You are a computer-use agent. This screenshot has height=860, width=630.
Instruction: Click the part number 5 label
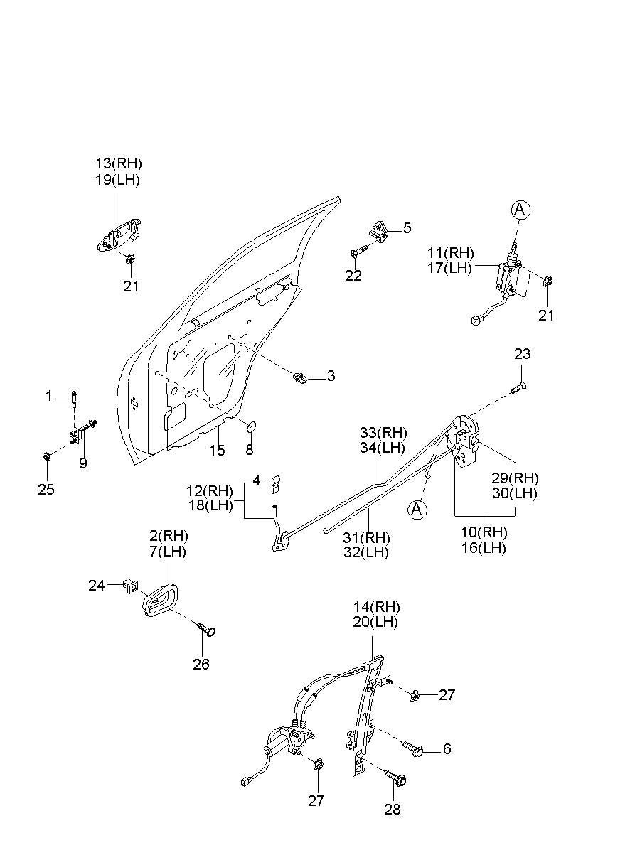coord(407,228)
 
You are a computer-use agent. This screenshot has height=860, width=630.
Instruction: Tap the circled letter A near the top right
coord(520,209)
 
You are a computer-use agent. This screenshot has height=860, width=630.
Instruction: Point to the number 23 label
coord(522,354)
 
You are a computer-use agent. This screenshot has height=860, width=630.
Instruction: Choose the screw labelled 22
coord(358,251)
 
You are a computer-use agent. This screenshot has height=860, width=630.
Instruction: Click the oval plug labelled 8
coord(250,426)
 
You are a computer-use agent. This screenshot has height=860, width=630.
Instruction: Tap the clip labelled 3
coord(301,377)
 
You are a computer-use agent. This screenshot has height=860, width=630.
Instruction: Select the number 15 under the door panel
coord(216,450)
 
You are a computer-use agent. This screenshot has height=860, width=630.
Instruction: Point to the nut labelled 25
coord(47,455)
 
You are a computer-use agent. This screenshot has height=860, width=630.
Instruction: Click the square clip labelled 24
coord(129,585)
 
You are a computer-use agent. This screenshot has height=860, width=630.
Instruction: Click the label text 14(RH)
coord(377,607)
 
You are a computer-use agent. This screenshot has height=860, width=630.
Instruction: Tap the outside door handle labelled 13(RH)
coord(117,237)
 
